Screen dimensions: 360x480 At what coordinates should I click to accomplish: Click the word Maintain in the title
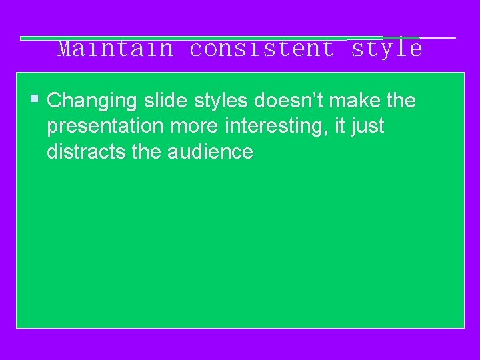(115, 49)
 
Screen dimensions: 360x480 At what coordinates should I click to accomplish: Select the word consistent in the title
(262, 49)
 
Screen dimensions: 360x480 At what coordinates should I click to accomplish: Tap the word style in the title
(387, 49)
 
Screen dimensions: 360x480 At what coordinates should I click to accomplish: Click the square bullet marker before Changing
(35, 100)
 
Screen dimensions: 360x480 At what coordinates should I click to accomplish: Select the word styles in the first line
(222, 101)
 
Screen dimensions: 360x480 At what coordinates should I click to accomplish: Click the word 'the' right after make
(401, 101)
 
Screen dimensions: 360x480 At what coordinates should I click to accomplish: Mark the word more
(194, 127)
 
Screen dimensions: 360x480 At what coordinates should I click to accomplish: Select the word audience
(211, 152)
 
